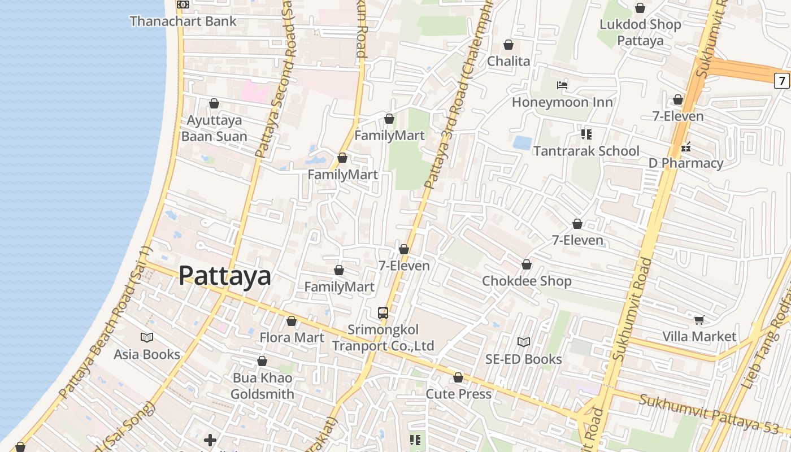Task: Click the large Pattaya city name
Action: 225,276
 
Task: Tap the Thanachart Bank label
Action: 182,21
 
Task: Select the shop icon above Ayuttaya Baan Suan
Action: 214,103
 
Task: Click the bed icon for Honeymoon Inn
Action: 562,85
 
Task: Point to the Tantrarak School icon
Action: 586,134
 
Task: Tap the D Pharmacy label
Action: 685,163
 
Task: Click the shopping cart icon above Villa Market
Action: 699,320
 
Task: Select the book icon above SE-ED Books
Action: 524,342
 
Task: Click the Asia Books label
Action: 147,355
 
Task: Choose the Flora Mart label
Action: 292,338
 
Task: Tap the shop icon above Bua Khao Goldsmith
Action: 262,361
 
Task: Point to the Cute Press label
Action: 458,394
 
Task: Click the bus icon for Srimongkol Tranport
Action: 383,312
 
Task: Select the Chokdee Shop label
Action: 527,281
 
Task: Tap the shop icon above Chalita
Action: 508,45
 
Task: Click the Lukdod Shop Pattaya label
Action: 640,33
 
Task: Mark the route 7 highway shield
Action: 782,81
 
